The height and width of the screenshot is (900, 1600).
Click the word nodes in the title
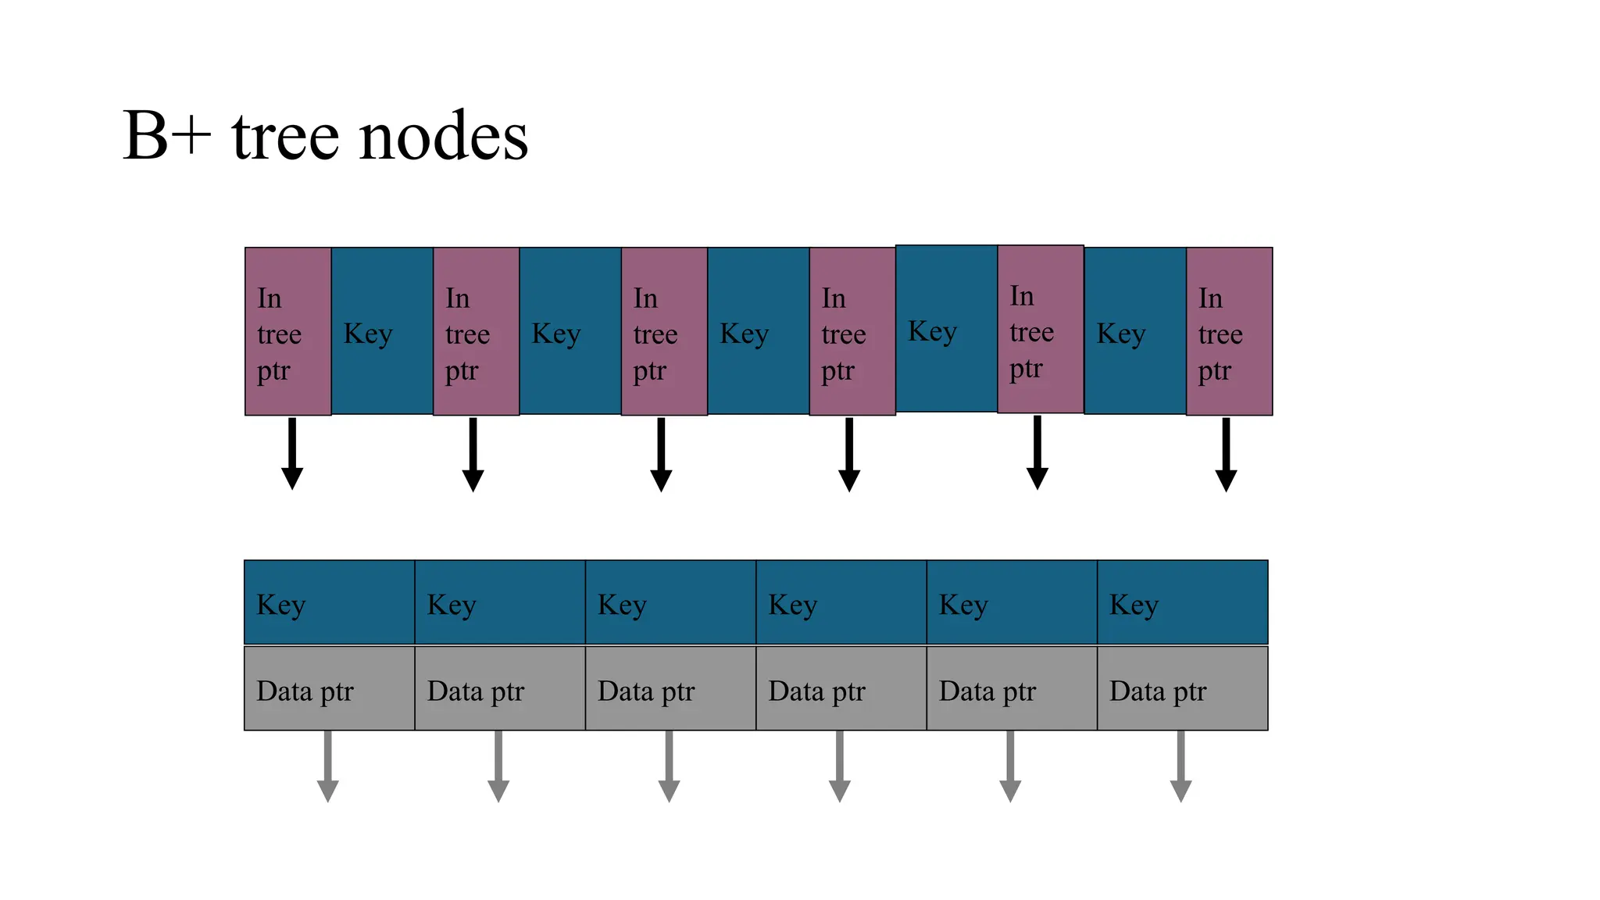pyautogui.click(x=443, y=137)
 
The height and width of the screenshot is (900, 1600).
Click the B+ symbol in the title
pyautogui.click(x=166, y=137)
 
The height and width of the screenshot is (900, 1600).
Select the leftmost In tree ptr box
pyautogui.click(x=287, y=331)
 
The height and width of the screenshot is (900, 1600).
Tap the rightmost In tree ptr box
pyautogui.click(x=1229, y=331)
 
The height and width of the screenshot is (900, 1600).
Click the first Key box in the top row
pyautogui.click(x=382, y=331)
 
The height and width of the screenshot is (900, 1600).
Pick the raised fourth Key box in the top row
pyautogui.click(x=946, y=328)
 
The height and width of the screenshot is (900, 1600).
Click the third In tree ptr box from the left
pyautogui.click(x=664, y=331)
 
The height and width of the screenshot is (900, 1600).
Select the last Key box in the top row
pyautogui.click(x=1134, y=331)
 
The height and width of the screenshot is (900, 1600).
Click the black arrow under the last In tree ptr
pyautogui.click(x=1226, y=455)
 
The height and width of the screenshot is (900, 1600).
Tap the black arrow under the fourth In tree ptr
pyautogui.click(x=849, y=455)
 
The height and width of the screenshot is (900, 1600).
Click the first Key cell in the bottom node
pyautogui.click(x=329, y=602)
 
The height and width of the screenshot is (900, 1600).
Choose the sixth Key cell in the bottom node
pyautogui.click(x=1182, y=602)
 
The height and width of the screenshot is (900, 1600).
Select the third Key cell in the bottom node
pyautogui.click(x=670, y=602)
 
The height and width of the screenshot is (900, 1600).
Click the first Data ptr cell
pyautogui.click(x=329, y=689)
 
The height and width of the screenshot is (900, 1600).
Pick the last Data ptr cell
pyautogui.click(x=1182, y=689)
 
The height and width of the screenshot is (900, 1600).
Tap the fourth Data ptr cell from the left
pyautogui.click(x=841, y=689)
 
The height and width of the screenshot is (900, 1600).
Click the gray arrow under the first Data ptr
pyautogui.click(x=328, y=766)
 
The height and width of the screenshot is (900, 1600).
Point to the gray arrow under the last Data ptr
pyautogui.click(x=1180, y=766)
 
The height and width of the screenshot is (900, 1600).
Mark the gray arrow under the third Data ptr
pyautogui.click(x=669, y=766)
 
